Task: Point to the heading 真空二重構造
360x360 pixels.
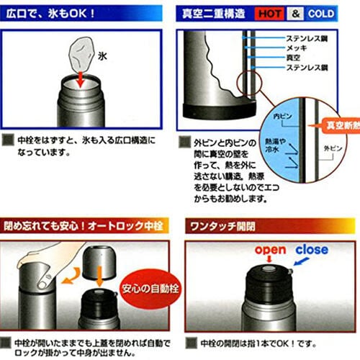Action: tap(216, 13)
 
